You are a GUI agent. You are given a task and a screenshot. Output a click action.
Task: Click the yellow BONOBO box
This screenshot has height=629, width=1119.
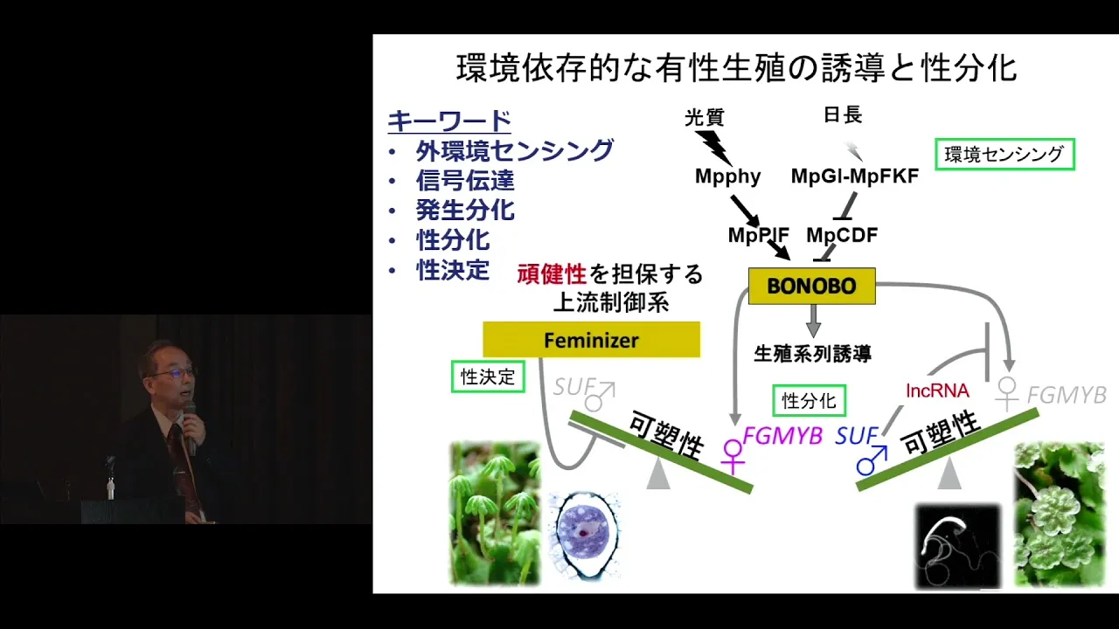[812, 286]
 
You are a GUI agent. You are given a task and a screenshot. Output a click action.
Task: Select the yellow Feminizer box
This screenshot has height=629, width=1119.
[592, 340]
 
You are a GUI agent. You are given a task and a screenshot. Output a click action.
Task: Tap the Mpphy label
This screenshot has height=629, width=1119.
[728, 176]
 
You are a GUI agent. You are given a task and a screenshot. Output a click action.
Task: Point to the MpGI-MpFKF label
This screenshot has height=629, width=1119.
[855, 176]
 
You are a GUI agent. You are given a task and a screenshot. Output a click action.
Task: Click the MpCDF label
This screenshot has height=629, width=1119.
[842, 235]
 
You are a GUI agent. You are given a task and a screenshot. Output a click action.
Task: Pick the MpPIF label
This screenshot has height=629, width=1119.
[758, 235]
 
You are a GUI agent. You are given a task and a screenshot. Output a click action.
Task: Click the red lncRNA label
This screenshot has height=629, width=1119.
[937, 391]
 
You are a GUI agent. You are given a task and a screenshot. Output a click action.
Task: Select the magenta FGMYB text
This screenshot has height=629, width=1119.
[782, 436]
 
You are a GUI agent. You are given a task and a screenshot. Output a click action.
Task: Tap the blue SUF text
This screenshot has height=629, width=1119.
[856, 436]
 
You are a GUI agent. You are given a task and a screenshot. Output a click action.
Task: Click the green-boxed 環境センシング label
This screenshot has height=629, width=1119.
[1004, 155]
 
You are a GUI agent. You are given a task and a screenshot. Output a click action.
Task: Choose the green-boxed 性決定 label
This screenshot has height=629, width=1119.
[488, 377]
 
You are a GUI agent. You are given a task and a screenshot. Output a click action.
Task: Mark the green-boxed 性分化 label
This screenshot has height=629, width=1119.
[810, 400]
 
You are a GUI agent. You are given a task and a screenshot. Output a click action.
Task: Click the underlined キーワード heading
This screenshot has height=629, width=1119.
[449, 121]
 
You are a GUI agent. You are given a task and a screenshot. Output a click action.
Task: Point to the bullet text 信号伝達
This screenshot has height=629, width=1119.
[465, 181]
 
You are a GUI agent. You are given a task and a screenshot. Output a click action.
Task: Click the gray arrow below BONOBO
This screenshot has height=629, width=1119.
[813, 321]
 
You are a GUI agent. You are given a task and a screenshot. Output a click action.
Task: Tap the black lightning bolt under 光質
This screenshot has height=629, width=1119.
[713, 149]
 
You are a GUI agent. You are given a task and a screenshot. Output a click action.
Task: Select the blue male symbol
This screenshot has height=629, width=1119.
[872, 460]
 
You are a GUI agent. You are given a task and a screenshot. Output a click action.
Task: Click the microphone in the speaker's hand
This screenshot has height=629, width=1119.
[190, 427]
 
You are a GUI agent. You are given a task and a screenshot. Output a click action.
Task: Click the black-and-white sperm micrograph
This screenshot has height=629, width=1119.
[958, 547]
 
